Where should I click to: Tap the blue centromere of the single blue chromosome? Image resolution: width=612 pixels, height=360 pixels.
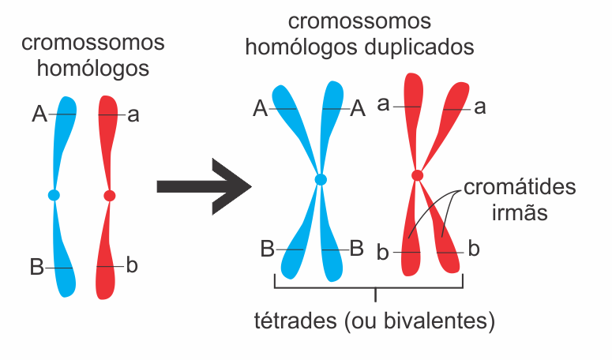[x=54, y=194]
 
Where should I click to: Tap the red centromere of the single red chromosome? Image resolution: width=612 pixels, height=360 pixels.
[x=109, y=195]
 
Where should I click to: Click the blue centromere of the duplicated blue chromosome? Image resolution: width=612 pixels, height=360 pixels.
[x=321, y=180]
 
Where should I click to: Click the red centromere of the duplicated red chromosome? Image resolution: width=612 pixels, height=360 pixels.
[x=417, y=175]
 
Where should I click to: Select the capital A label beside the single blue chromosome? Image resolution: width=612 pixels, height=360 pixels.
[x=39, y=115]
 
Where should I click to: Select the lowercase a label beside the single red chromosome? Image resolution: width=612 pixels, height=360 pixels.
[x=133, y=115]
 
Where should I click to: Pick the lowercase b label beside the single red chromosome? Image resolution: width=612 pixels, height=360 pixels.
[x=132, y=265]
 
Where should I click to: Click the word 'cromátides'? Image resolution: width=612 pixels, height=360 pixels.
[x=520, y=188]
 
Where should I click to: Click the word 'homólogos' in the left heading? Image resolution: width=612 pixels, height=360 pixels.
[x=94, y=68]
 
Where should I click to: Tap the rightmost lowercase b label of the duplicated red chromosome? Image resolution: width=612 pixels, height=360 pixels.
[x=474, y=249]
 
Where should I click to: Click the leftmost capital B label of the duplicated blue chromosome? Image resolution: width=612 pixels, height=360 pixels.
[x=267, y=249]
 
